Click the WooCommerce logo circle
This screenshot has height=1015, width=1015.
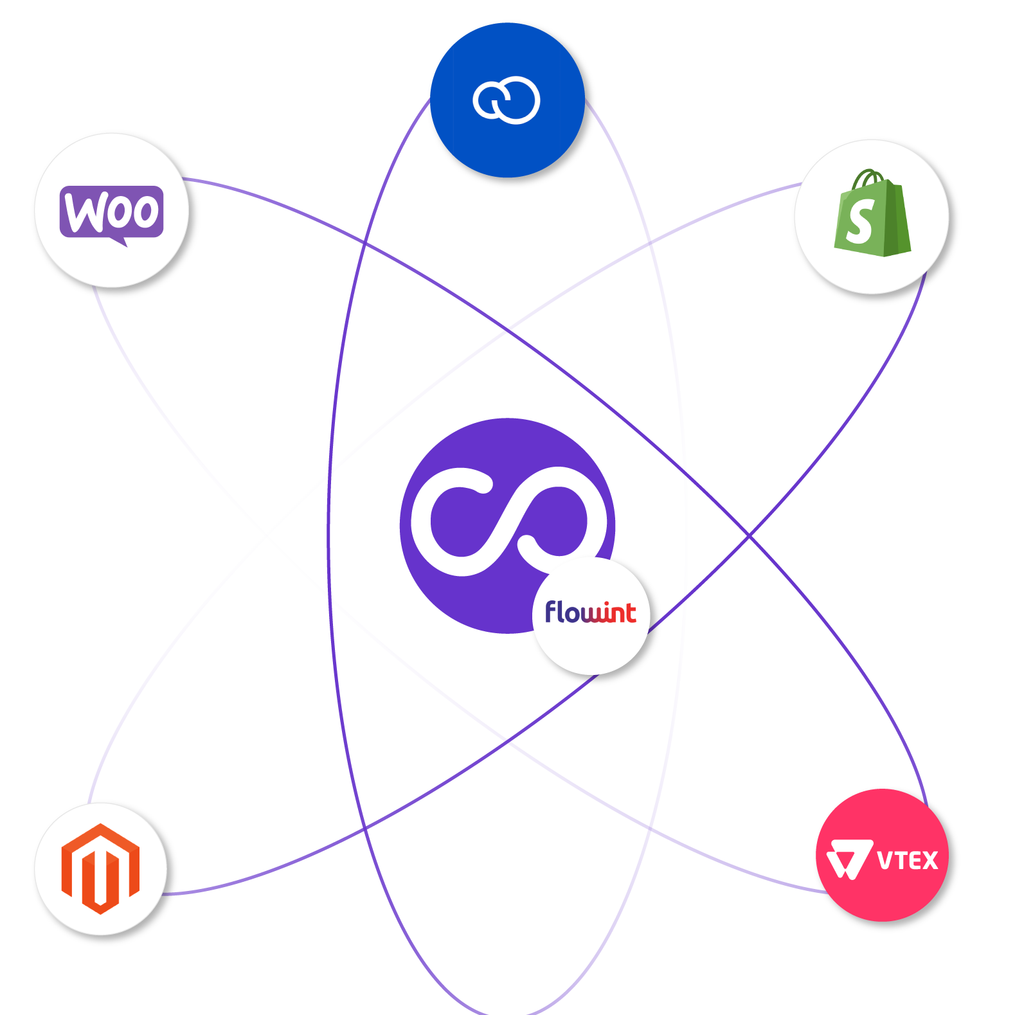(111, 210)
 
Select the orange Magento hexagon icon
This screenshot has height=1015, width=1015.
(100, 868)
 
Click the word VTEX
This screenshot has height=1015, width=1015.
(907, 860)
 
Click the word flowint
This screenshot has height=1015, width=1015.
(590, 613)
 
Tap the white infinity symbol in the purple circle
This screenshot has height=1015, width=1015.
(508, 521)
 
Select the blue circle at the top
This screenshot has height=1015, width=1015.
(507, 100)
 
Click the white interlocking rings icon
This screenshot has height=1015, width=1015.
(507, 100)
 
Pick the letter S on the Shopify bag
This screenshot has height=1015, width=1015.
(860, 220)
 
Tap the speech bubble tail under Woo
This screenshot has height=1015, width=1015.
(120, 241)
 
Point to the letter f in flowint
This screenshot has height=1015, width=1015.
(552, 611)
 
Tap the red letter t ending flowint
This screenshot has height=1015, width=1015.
(630, 613)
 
